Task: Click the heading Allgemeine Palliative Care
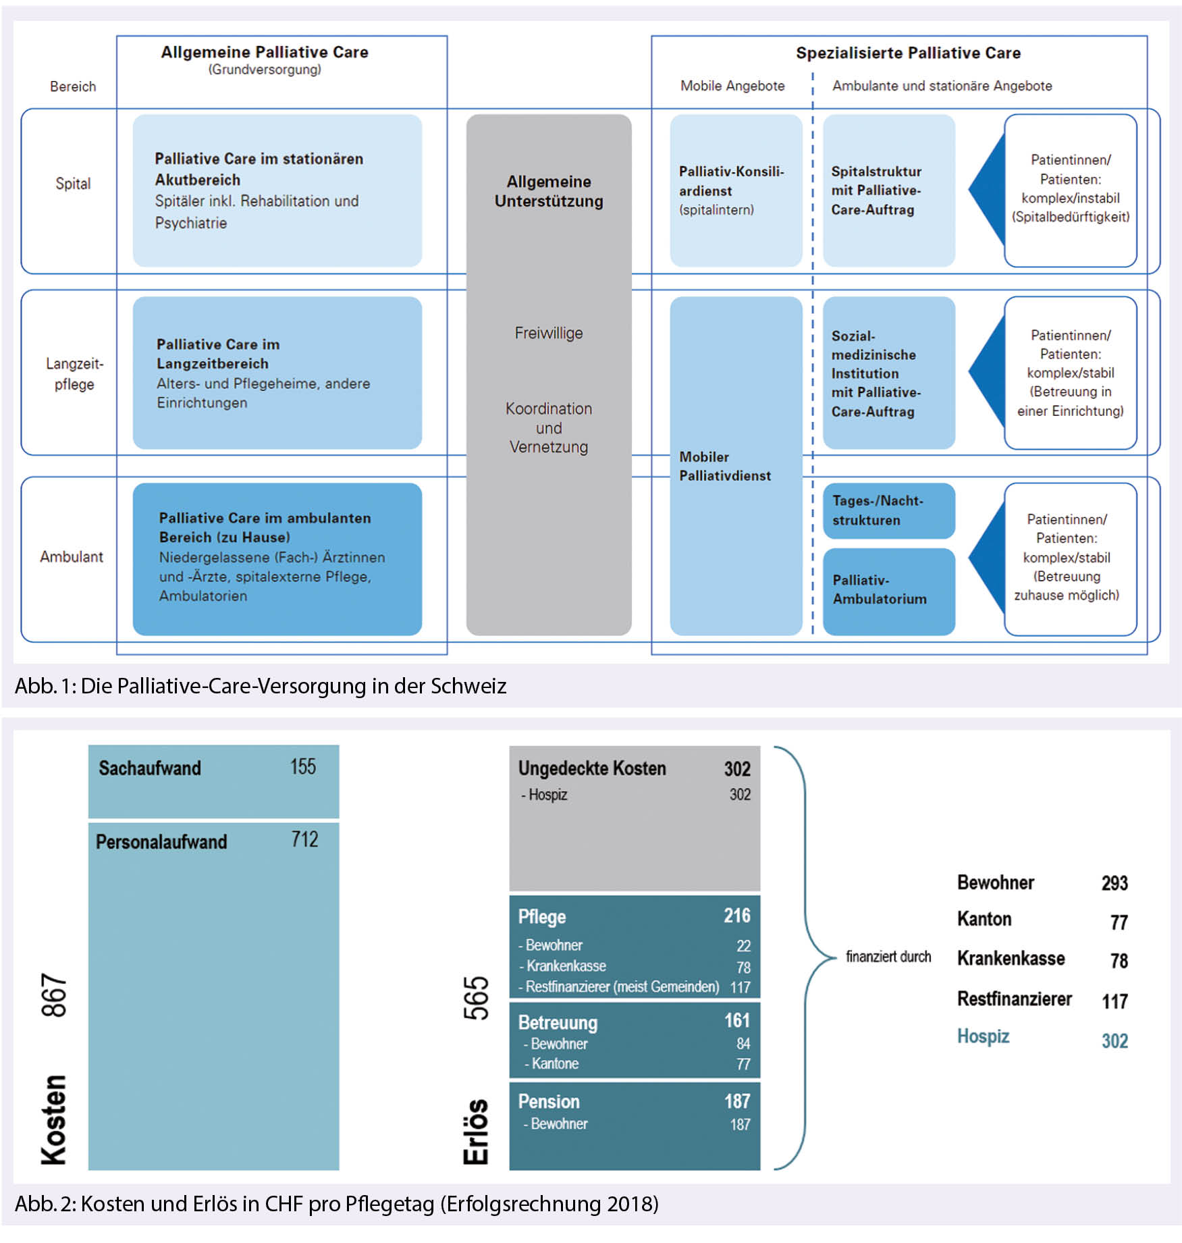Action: (264, 52)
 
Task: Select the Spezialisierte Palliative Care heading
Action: (907, 53)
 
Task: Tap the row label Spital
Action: (73, 184)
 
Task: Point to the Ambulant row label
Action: (72, 556)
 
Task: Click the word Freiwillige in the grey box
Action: (548, 333)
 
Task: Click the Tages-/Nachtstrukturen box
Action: (888, 510)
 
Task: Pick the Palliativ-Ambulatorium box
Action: (888, 590)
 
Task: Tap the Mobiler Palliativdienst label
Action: (724, 466)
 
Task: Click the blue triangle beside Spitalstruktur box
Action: (989, 190)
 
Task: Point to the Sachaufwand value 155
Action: (302, 766)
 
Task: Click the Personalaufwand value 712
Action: (304, 839)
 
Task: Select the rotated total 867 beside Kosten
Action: (54, 995)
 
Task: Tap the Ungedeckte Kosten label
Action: (592, 768)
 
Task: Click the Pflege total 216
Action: (736, 915)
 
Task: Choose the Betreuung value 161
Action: (736, 1020)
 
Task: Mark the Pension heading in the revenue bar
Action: (549, 1101)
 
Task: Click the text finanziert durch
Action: (888, 956)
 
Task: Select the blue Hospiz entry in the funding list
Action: (983, 1036)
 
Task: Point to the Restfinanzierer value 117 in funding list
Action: (1114, 1001)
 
